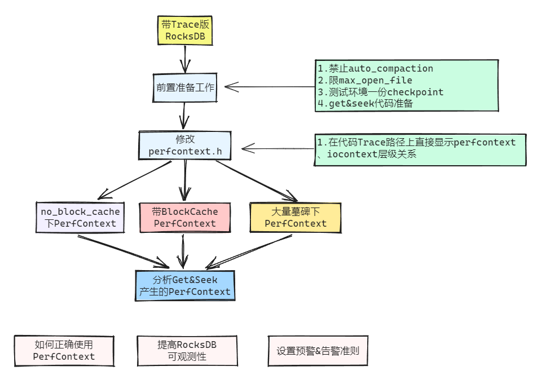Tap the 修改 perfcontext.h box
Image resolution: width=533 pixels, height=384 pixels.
[185, 145]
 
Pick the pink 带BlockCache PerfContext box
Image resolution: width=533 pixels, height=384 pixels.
[184, 217]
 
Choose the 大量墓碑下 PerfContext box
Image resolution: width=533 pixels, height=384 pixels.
[295, 217]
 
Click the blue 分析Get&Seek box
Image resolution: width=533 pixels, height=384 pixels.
[184, 285]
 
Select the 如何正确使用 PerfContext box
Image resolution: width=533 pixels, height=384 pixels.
[64, 351]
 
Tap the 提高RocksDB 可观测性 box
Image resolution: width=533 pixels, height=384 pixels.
[187, 351]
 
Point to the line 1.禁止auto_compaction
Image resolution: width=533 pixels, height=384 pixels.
[375, 68]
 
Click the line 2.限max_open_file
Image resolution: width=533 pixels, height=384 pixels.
[364, 80]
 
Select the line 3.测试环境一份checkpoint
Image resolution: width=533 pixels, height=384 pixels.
[380, 92]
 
